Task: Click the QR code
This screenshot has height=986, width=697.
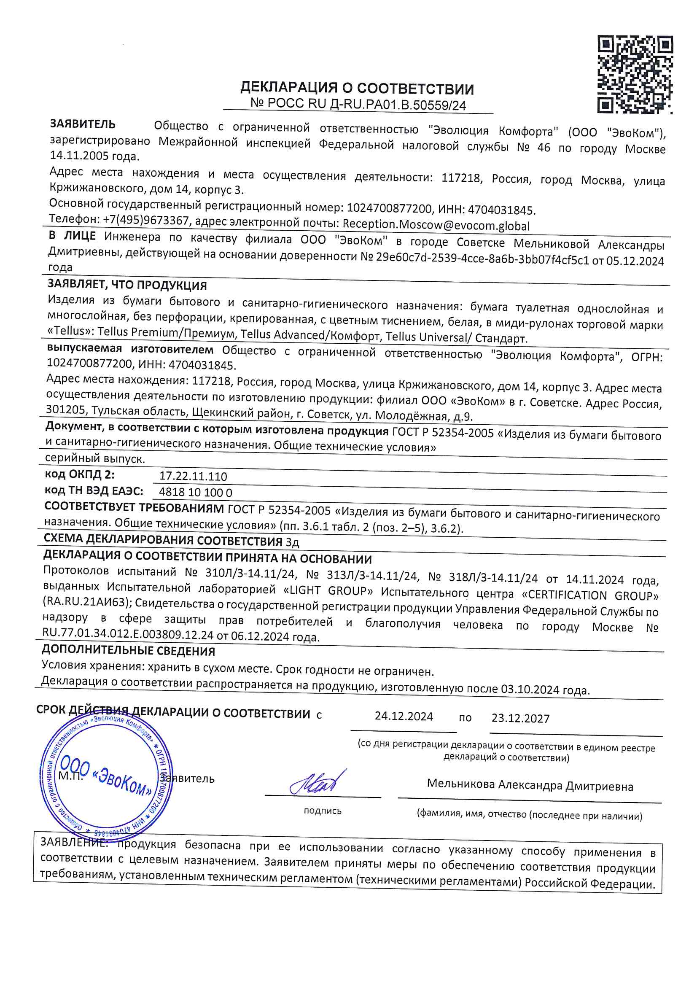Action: click(x=635, y=74)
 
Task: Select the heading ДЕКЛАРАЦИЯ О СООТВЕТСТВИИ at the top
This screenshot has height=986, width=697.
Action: click(x=357, y=89)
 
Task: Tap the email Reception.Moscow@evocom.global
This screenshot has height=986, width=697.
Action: click(x=436, y=225)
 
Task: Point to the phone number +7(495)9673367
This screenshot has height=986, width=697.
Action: click(x=146, y=220)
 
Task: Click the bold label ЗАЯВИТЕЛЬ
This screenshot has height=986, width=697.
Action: click(x=83, y=124)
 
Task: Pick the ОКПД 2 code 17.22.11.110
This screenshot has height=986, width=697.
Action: click(x=193, y=476)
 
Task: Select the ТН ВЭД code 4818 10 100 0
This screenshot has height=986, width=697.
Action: click(x=195, y=492)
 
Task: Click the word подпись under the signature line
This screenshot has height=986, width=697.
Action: click(x=323, y=811)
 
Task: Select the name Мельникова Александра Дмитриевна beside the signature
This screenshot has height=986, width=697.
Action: click(x=530, y=785)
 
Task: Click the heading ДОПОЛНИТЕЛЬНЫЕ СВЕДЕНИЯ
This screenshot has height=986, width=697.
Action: click(x=129, y=651)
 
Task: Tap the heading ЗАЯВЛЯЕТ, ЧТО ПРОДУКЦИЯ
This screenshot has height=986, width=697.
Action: click(x=127, y=285)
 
